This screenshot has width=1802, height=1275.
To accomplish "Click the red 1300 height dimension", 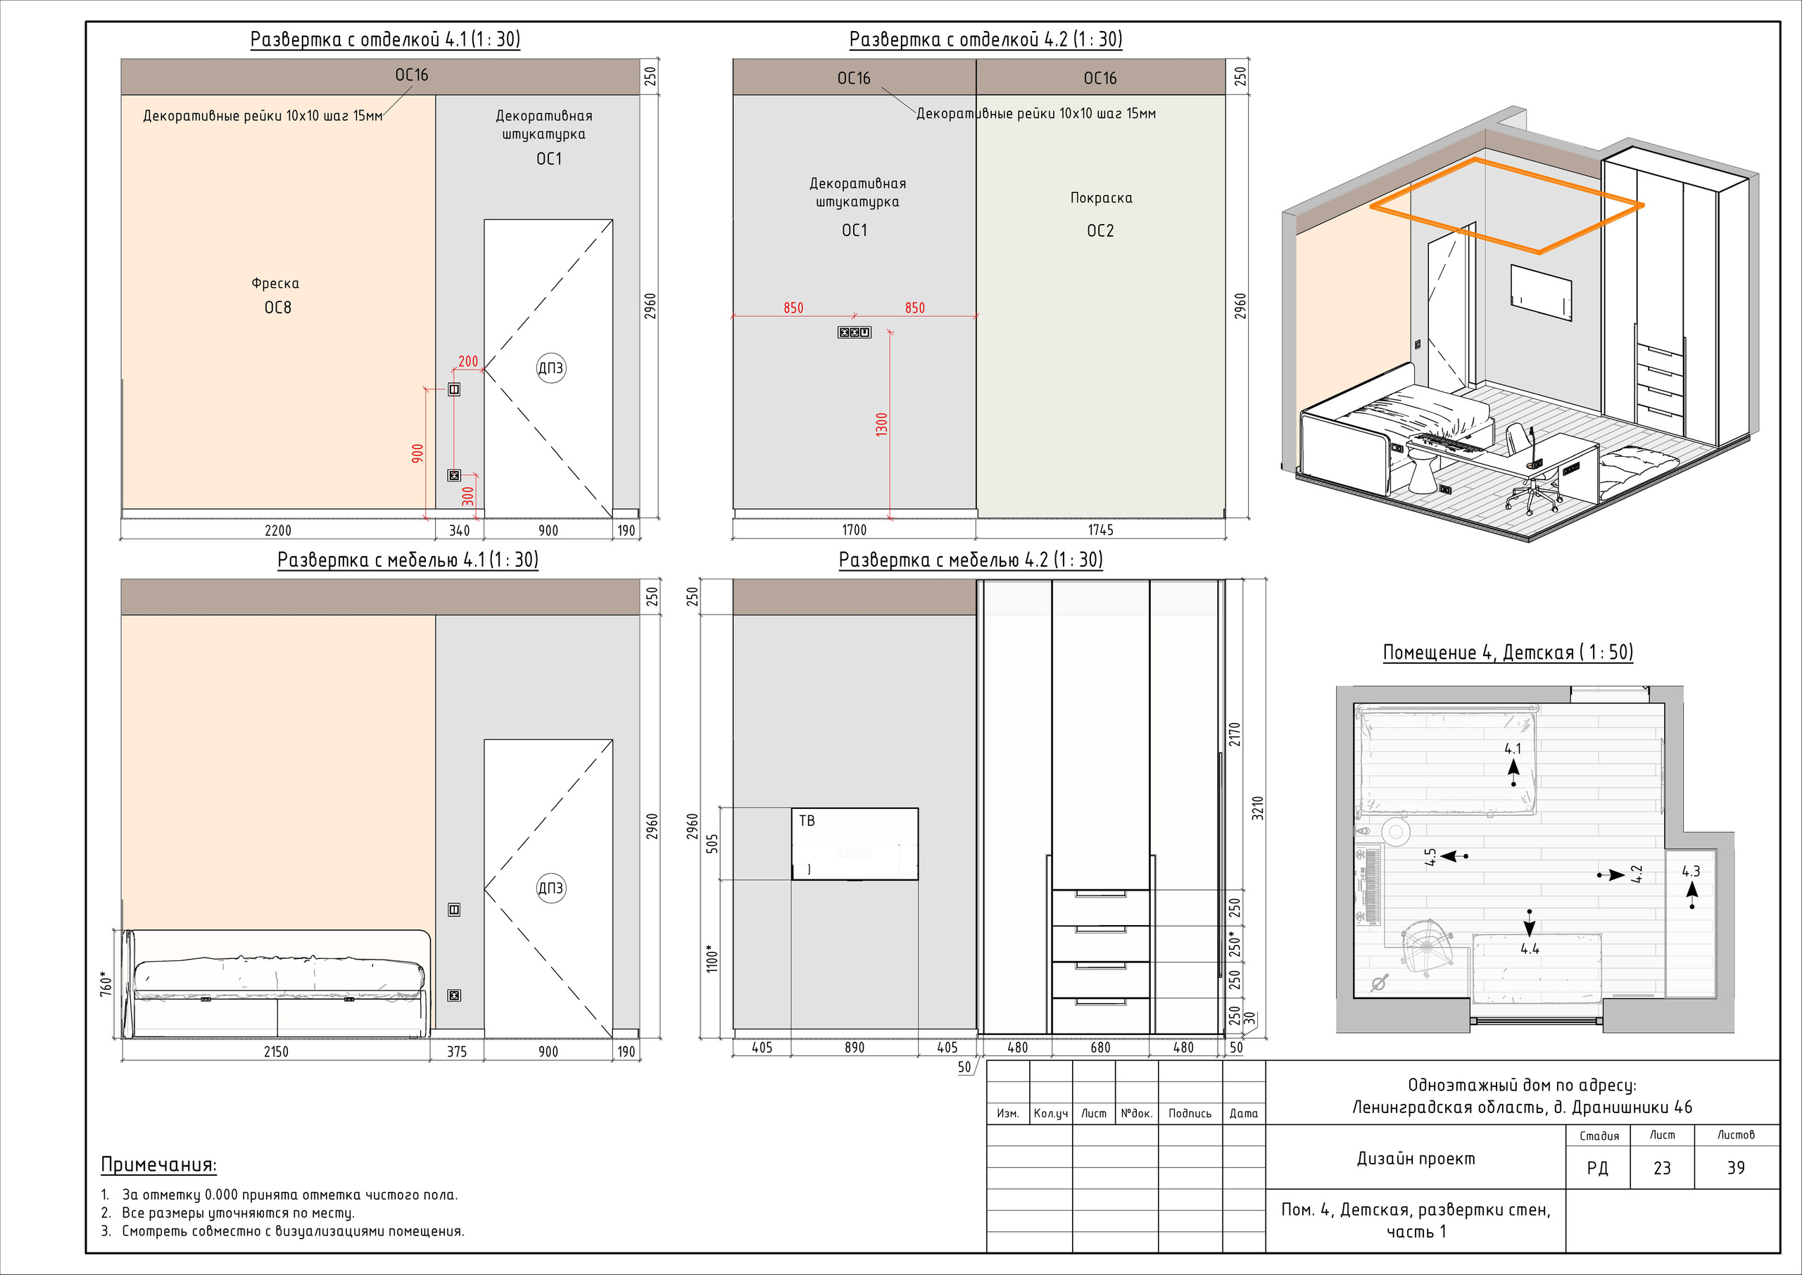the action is [881, 425].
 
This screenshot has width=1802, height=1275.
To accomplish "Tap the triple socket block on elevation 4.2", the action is [854, 333].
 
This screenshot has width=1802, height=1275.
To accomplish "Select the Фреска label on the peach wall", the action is [275, 284].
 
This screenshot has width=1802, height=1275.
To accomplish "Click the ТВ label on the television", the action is [807, 821].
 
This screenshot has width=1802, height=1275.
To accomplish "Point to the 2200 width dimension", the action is [278, 531].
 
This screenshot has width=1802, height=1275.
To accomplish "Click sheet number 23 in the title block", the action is [1663, 1168].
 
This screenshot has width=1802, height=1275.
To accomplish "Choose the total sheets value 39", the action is [1736, 1168].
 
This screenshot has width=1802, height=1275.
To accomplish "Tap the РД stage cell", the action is [1597, 1168].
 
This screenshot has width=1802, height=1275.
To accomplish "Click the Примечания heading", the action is [158, 1165].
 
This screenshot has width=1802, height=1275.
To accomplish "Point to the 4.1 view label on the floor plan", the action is [1513, 749].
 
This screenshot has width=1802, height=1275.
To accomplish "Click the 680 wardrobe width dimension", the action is [1100, 1048].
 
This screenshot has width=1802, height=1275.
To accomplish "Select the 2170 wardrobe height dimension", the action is [1235, 734].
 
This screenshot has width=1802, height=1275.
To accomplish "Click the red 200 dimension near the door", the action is [468, 362].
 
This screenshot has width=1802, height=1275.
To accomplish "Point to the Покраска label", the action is [1101, 198].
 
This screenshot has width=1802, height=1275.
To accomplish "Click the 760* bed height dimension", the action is [106, 984].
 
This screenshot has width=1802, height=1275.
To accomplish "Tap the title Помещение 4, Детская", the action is [1508, 653].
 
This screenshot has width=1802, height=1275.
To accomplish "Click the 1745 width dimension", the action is [1100, 530].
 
